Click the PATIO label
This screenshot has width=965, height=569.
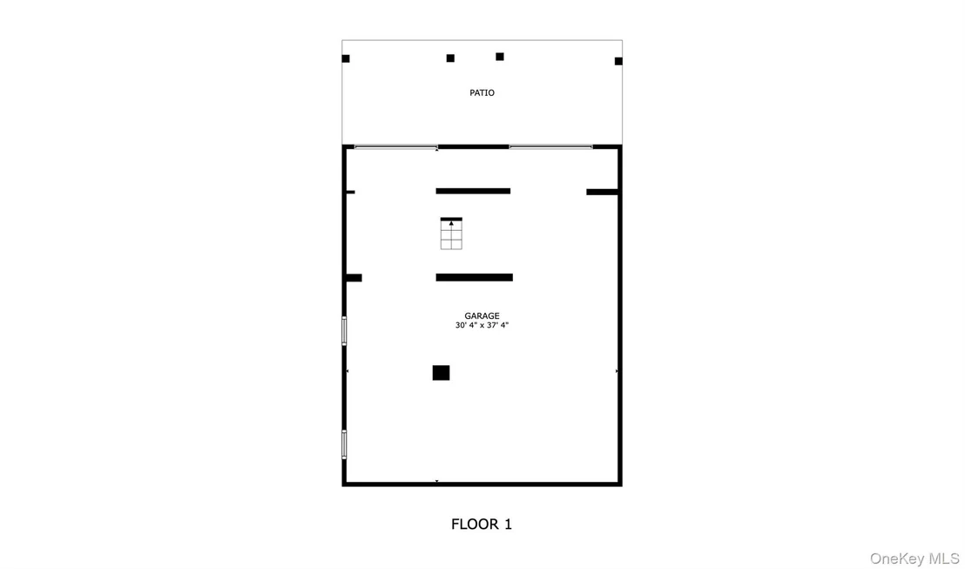point(482,93)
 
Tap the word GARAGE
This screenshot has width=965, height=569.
point(482,316)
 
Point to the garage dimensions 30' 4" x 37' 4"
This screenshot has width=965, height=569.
point(482,325)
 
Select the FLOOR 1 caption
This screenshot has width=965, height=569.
point(482,524)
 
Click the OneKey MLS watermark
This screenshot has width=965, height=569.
point(914,559)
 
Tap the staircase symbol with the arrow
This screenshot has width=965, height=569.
point(451,234)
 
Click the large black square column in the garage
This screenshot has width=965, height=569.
point(441,373)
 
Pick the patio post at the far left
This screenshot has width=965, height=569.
point(346,58)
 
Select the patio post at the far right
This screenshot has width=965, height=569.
point(618,61)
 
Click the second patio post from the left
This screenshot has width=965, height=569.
point(450,58)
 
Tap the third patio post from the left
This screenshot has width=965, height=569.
point(500,57)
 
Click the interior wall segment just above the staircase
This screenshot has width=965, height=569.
point(473,191)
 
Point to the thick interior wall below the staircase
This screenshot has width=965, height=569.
point(475,278)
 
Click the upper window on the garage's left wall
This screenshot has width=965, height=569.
point(344,331)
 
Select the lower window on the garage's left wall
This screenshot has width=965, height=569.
point(344,444)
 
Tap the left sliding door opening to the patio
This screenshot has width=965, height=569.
point(395,147)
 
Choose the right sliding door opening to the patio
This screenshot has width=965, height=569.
point(550,147)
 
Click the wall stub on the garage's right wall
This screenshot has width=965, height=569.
point(602,192)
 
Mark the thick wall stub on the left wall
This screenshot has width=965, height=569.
point(354,278)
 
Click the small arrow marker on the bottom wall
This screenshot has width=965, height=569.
point(437,481)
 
